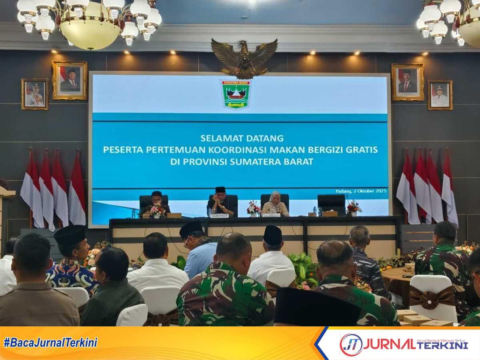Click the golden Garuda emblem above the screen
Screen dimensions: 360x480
coord(244,58)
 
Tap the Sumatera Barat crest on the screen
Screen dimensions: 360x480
coord(236,94)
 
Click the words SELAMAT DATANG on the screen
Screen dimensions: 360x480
coord(242,138)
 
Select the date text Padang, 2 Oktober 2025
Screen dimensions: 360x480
coord(361,191)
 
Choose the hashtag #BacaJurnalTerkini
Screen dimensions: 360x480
coord(50,342)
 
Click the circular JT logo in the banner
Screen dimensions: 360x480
coord(351,345)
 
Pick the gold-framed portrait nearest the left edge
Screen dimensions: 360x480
coord(35,94)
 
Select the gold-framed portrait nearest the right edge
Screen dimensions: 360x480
coord(440,95)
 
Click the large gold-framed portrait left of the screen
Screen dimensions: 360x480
coord(70,80)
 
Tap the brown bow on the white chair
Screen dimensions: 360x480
coord(432,298)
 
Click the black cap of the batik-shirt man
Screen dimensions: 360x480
coord(70,234)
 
